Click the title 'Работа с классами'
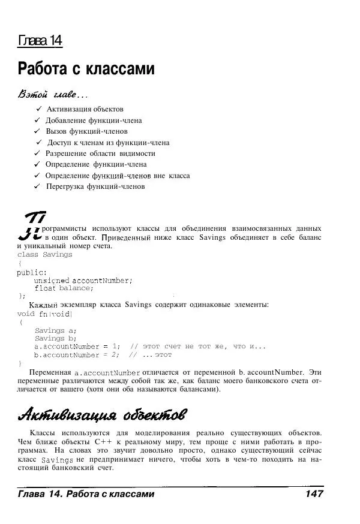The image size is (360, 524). pyautogui.click(x=86, y=69)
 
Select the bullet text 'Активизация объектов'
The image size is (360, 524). pyautogui.click(x=85, y=109)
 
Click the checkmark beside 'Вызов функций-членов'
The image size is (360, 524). pyautogui.click(x=37, y=131)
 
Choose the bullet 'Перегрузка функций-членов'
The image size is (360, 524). pyautogui.click(x=95, y=186)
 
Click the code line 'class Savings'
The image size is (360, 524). pyautogui.click(x=45, y=254)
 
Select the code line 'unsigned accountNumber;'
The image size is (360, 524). pyautogui.click(x=83, y=280)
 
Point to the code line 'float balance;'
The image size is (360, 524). pyautogui.click(x=64, y=288)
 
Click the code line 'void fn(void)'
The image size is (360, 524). pyautogui.click(x=45, y=313)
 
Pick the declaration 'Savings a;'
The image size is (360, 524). pyautogui.click(x=56, y=330)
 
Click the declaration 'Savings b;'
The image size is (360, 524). pyautogui.click(x=56, y=338)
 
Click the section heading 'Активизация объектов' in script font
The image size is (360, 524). pyautogui.click(x=102, y=414)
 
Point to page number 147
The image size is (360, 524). pyautogui.click(x=314, y=494)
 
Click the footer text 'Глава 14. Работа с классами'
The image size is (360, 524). pyautogui.click(x=86, y=494)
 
